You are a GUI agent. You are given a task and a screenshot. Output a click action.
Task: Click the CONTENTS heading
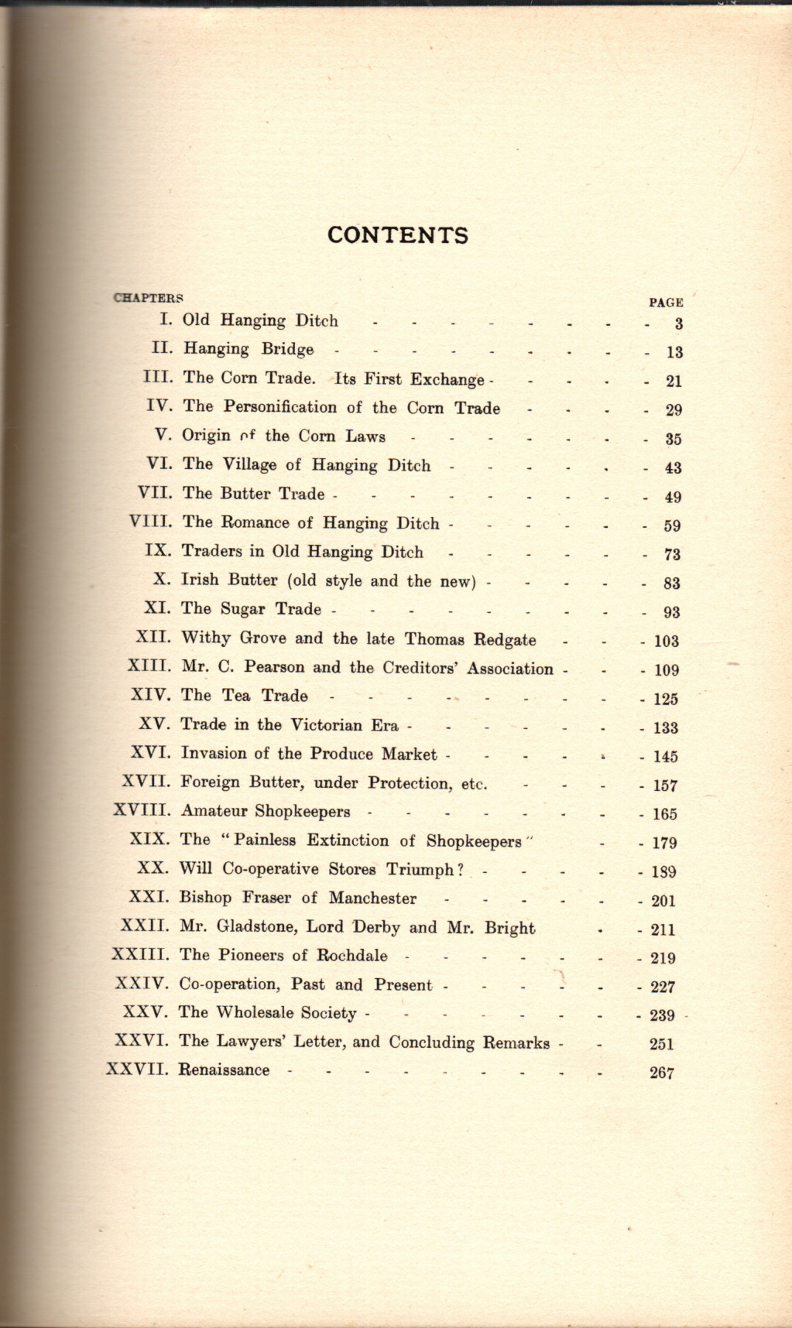(398, 235)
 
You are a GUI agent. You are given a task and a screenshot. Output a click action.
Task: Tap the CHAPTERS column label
(149, 297)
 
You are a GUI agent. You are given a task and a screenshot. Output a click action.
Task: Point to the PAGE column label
(665, 303)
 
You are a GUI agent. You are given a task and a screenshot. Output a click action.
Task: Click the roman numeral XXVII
(137, 1070)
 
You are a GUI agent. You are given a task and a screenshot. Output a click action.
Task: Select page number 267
(662, 1073)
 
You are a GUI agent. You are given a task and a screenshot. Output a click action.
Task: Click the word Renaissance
(225, 1070)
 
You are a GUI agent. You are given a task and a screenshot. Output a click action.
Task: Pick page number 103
(666, 641)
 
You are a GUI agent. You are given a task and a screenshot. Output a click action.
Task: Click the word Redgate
(505, 639)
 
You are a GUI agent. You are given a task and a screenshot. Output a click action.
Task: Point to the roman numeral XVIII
(142, 811)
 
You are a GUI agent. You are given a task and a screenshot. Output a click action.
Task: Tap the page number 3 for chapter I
(678, 323)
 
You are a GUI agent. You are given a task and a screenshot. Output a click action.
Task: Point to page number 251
(662, 1044)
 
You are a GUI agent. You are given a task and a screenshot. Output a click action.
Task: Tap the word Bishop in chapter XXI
(205, 898)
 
